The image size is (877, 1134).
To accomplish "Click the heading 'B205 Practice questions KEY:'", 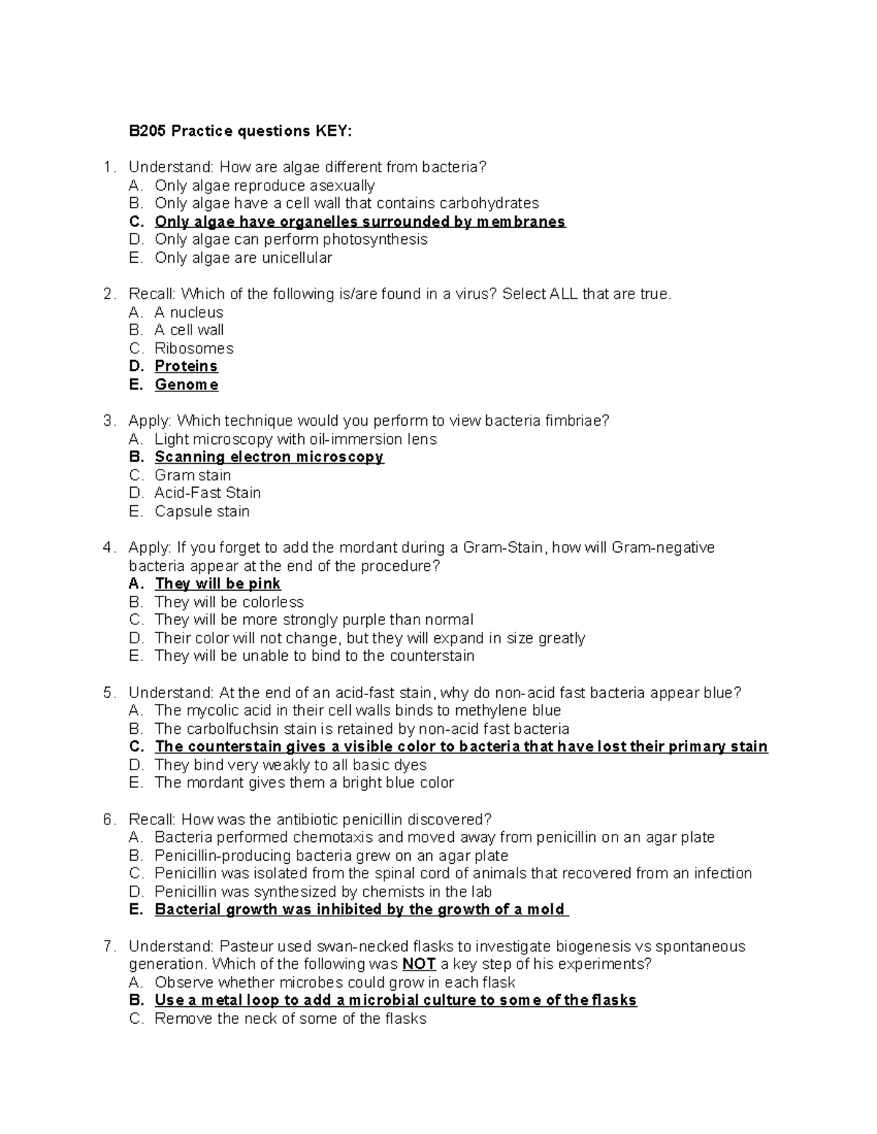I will pyautogui.click(x=240, y=131).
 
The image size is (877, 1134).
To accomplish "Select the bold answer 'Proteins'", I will pyautogui.click(x=186, y=366).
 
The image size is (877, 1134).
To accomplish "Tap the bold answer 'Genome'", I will pyautogui.click(x=186, y=384).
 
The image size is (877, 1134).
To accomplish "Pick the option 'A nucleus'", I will pyautogui.click(x=189, y=312).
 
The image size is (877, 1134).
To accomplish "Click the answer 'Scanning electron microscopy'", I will pyautogui.click(x=268, y=456).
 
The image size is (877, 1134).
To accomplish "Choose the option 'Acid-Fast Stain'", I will pyautogui.click(x=207, y=493).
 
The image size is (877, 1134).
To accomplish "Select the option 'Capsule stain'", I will pyautogui.click(x=202, y=511).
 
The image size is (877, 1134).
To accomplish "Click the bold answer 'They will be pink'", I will pyautogui.click(x=217, y=583).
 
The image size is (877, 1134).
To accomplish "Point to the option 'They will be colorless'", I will pyautogui.click(x=229, y=602).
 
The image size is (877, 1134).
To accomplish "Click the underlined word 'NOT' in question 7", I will pyautogui.click(x=419, y=964).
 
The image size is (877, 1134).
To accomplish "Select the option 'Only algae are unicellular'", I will pyautogui.click(x=243, y=258).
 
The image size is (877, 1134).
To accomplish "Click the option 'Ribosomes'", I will pyautogui.click(x=194, y=348).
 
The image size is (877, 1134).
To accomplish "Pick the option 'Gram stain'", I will pyautogui.click(x=192, y=475).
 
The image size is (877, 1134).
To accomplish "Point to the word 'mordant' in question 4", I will pyautogui.click(x=367, y=548).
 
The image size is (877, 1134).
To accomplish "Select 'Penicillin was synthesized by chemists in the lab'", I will pyautogui.click(x=322, y=892).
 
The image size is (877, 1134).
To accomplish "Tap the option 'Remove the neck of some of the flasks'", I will pyautogui.click(x=290, y=1019).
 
